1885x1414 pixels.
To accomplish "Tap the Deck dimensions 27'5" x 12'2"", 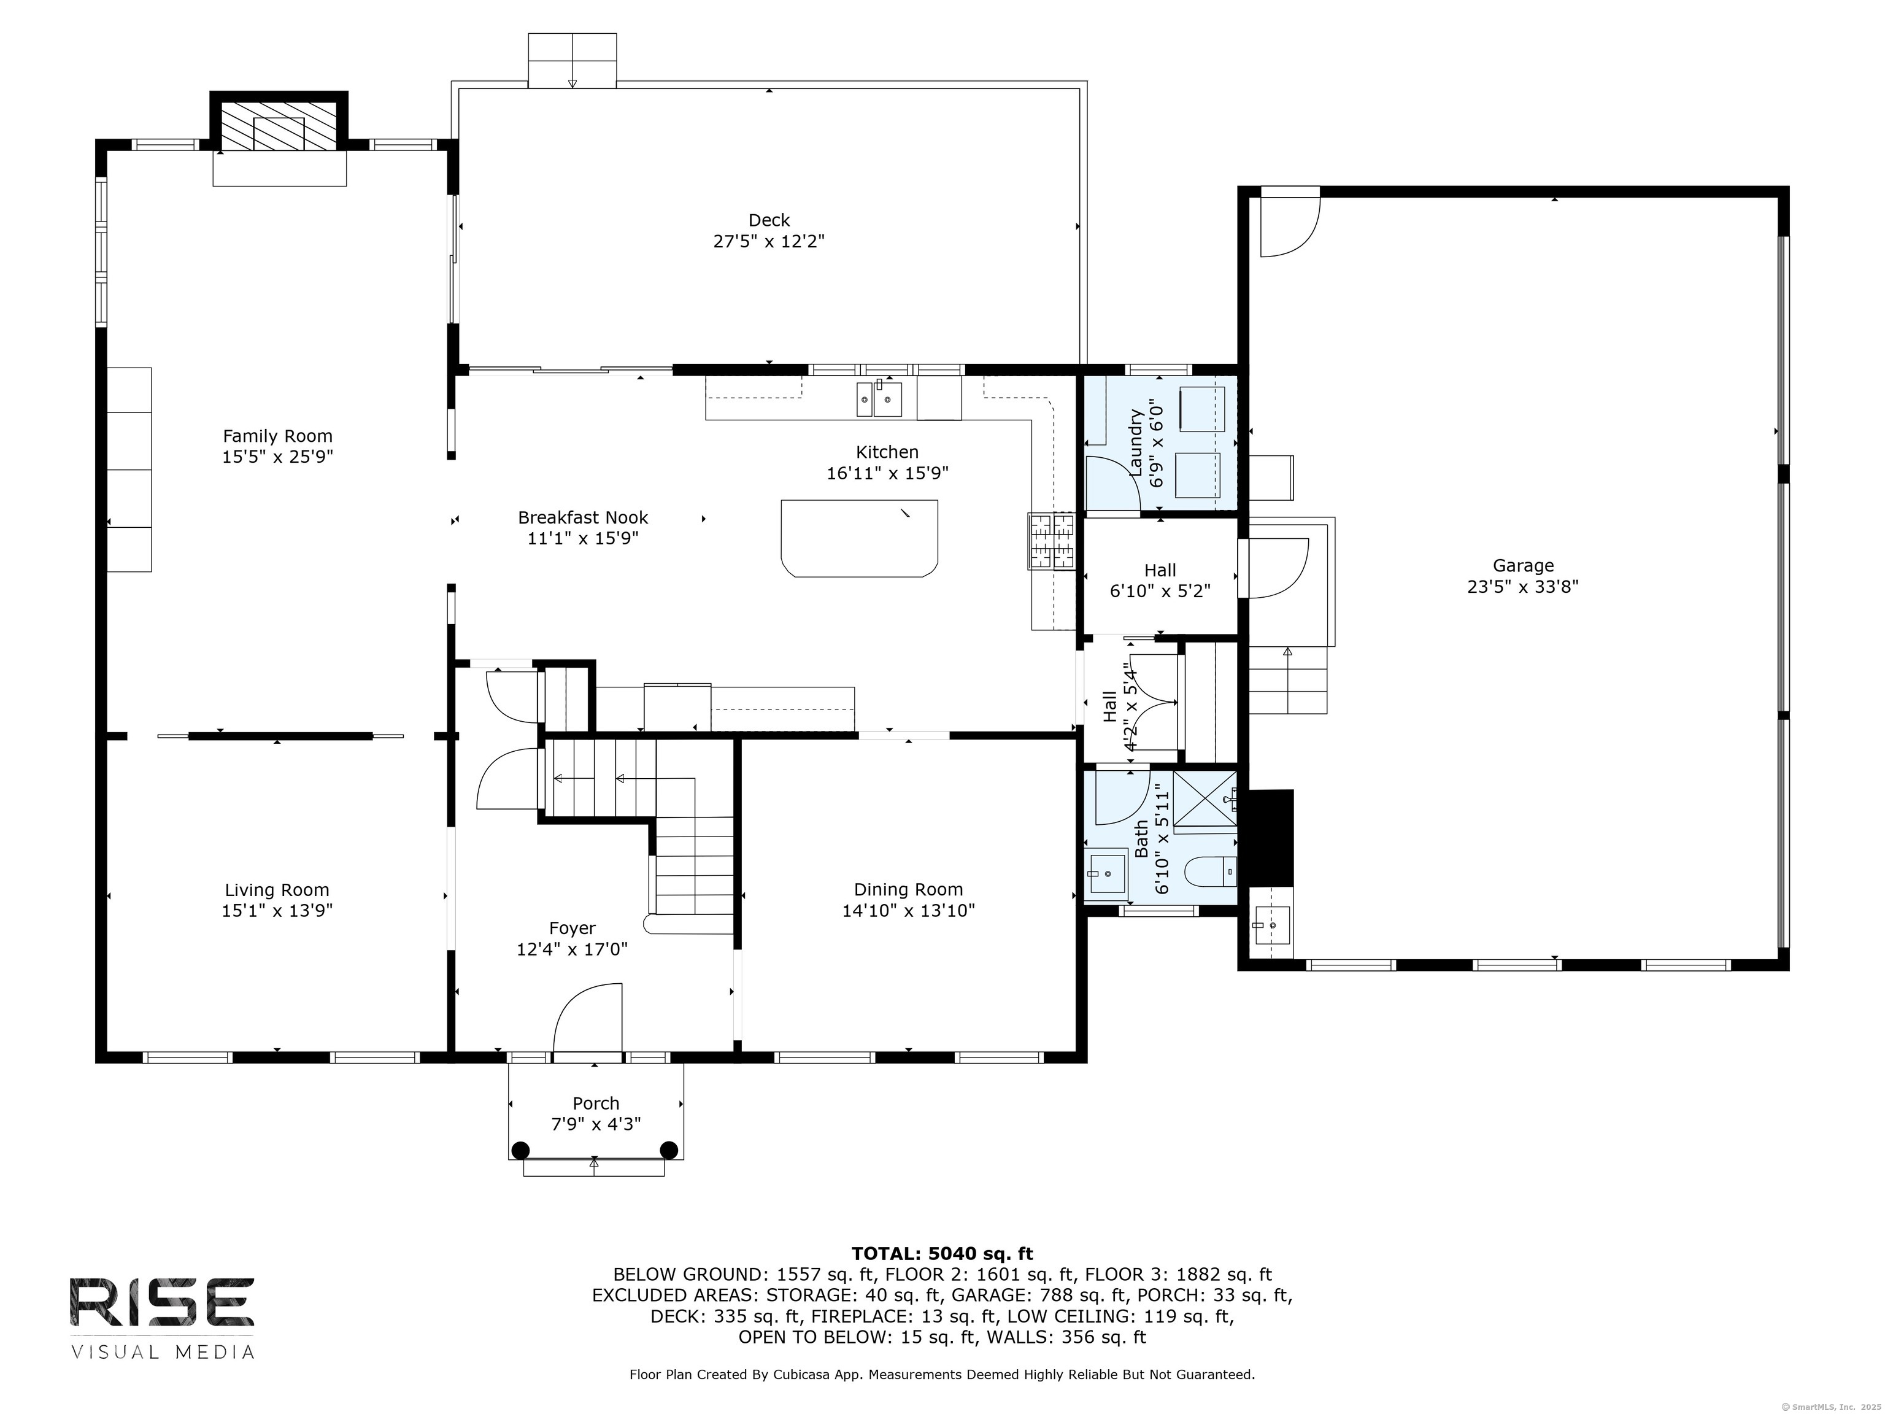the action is pyautogui.click(x=769, y=241).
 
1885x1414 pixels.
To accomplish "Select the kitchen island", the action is pyautogui.click(x=859, y=538).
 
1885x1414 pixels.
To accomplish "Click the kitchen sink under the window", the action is pyautogui.click(x=879, y=399).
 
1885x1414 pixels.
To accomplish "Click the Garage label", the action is pyautogui.click(x=1523, y=565).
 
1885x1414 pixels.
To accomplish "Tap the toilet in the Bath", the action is pyautogui.click(x=1210, y=871).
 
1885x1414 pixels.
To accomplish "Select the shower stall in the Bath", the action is pyautogui.click(x=1205, y=798).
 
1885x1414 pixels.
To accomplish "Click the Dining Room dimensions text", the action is pyautogui.click(x=908, y=910).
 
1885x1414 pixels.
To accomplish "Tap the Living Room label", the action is pyautogui.click(x=277, y=890).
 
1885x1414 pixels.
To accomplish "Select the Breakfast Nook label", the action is pyautogui.click(x=583, y=517).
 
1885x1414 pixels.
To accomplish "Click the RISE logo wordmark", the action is pyautogui.click(x=162, y=1302).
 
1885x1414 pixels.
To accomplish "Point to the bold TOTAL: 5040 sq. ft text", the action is pyautogui.click(x=942, y=1253).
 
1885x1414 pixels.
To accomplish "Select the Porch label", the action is pyautogui.click(x=596, y=1103).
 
